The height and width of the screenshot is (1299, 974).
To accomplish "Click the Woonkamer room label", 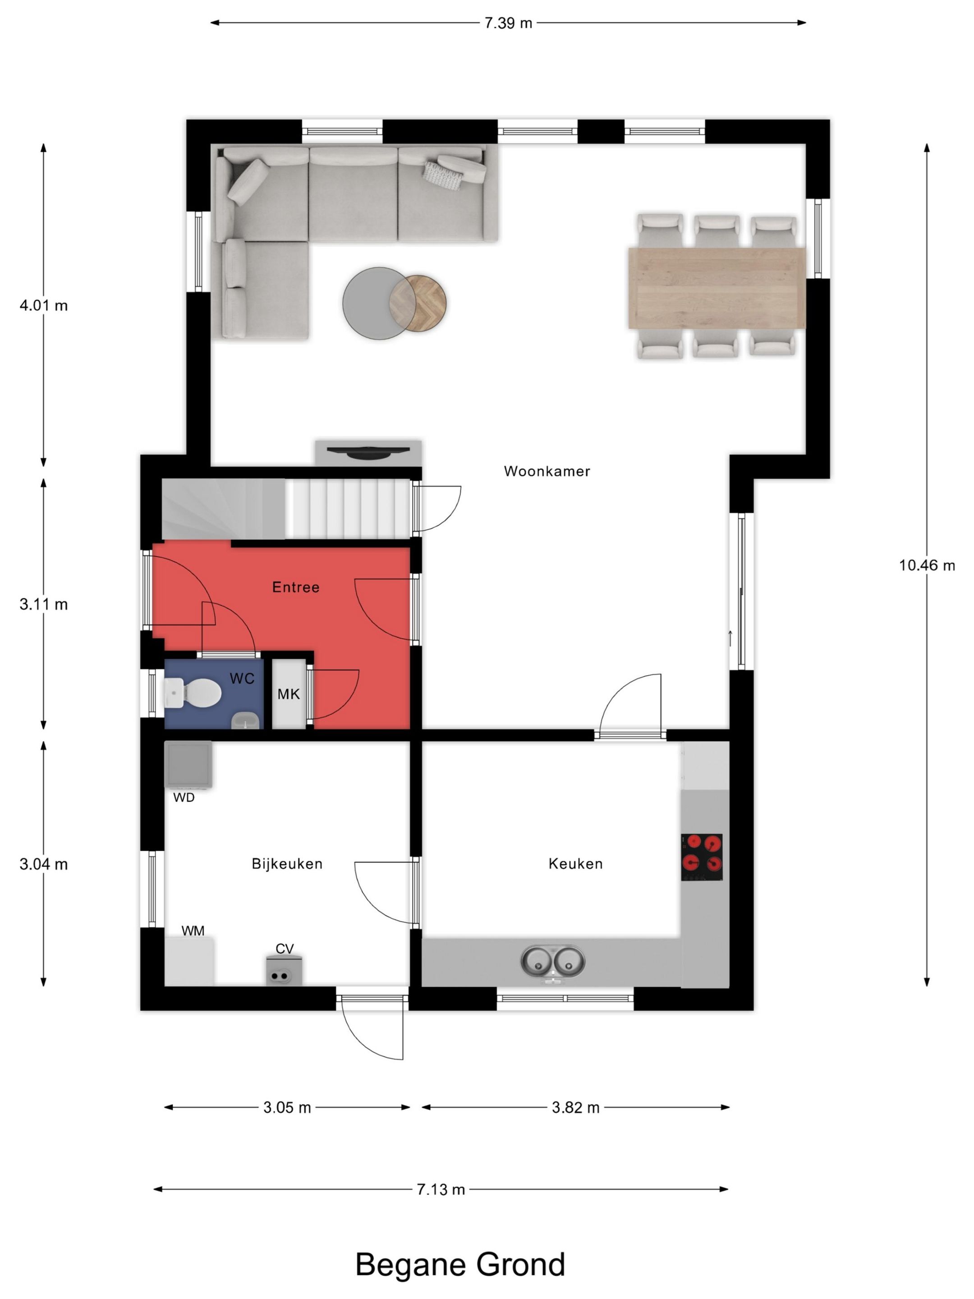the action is pyautogui.click(x=547, y=471).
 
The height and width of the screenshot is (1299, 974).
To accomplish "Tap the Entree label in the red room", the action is pyautogui.click(x=295, y=587).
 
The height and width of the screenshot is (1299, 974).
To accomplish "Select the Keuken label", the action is pyautogui.click(x=575, y=864).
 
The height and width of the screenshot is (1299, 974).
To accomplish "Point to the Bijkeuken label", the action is pyautogui.click(x=287, y=864).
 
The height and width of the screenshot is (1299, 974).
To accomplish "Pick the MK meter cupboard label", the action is pyautogui.click(x=288, y=694).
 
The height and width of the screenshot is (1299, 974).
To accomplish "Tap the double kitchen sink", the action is pyautogui.click(x=552, y=961).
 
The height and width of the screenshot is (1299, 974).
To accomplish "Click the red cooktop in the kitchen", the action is pyautogui.click(x=702, y=857).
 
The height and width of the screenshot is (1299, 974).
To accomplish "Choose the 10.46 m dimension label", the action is pyautogui.click(x=927, y=566).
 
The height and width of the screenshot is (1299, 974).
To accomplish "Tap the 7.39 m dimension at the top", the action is pyautogui.click(x=508, y=23).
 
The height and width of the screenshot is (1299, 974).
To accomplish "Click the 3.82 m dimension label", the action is pyautogui.click(x=575, y=1108).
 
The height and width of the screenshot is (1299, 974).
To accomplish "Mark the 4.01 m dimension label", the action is pyautogui.click(x=43, y=305).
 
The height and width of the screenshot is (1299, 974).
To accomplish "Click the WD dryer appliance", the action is pyautogui.click(x=188, y=764).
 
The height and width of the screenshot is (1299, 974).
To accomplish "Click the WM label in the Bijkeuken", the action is pyautogui.click(x=193, y=931).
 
